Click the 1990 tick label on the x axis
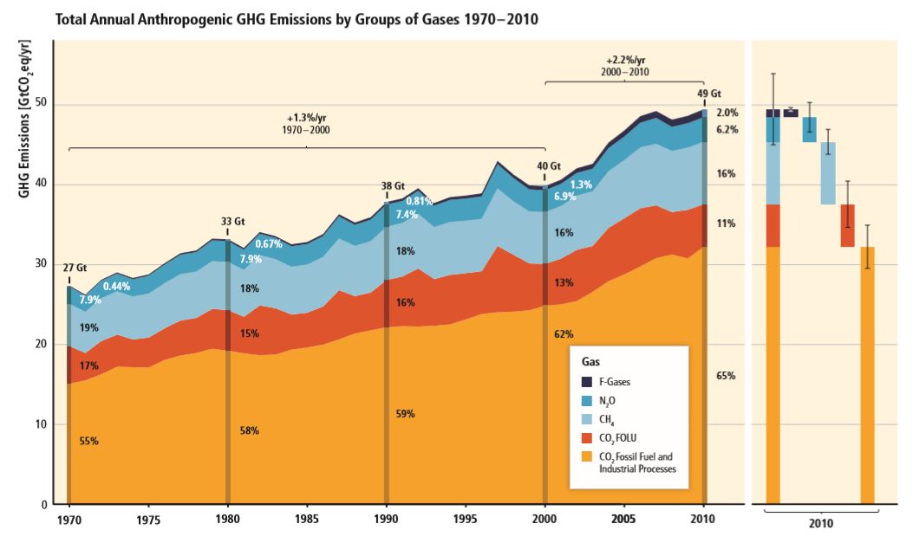coord(386,520)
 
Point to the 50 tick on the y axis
coord(42,104)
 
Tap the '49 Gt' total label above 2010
coord(709,94)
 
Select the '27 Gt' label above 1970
coord(75,268)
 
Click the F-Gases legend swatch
coord(587,382)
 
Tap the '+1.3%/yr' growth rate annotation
coord(308,118)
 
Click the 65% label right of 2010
coord(727,376)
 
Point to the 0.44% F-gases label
coord(116,287)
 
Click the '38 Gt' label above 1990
coord(393,186)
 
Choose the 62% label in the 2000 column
coord(564,333)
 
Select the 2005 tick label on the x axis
coord(623,520)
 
